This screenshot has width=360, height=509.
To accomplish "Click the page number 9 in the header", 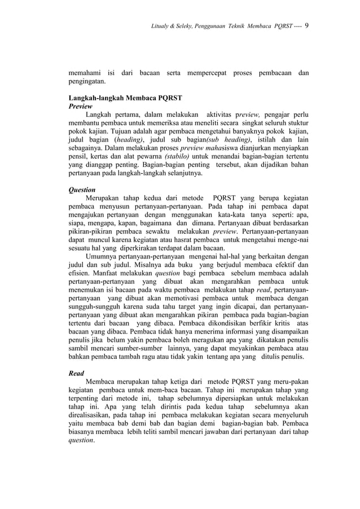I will (x=307, y=24).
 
